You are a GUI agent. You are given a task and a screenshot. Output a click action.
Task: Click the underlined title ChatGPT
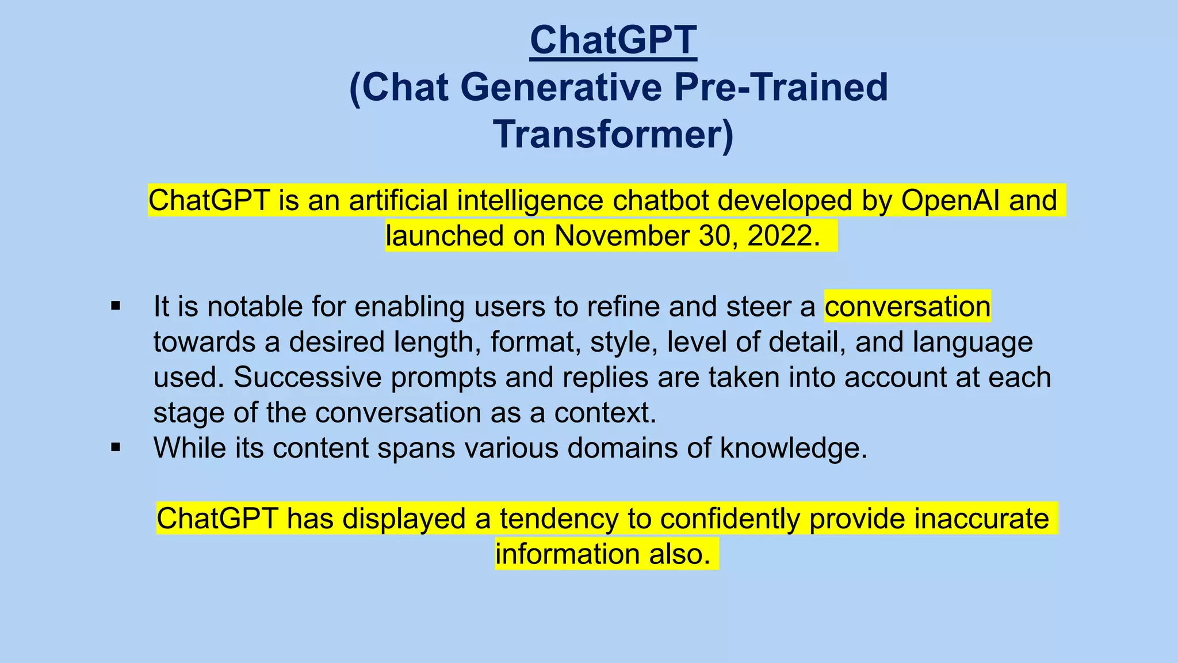point(613,40)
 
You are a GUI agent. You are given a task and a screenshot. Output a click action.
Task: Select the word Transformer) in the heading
point(613,135)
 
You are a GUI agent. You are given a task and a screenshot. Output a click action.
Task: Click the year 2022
point(783,236)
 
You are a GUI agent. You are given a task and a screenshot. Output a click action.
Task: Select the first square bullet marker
point(116,306)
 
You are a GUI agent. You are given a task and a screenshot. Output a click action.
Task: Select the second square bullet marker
point(116,447)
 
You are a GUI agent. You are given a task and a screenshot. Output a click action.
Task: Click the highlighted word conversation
point(907,306)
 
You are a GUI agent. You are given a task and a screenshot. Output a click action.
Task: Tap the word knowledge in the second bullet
point(793,448)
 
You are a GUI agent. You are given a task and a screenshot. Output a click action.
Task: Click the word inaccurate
point(981,519)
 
